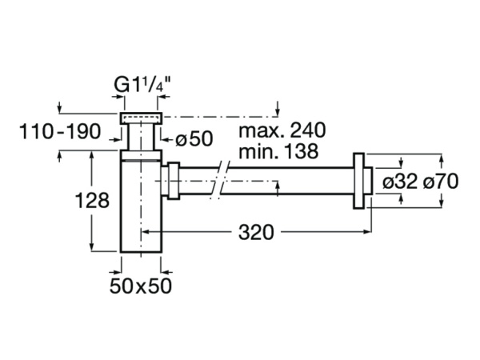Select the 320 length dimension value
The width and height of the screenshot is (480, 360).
click(x=257, y=233)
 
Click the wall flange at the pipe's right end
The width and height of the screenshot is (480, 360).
click(x=361, y=181)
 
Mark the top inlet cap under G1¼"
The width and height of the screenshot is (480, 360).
click(x=140, y=118)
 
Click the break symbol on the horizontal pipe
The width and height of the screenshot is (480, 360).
click(x=222, y=182)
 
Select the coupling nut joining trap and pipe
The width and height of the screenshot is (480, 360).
click(x=172, y=181)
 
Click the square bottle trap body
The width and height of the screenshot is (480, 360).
click(x=140, y=204)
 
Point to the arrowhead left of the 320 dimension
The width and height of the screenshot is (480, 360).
click(x=146, y=233)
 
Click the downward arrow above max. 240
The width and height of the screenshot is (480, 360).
click(x=277, y=111)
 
